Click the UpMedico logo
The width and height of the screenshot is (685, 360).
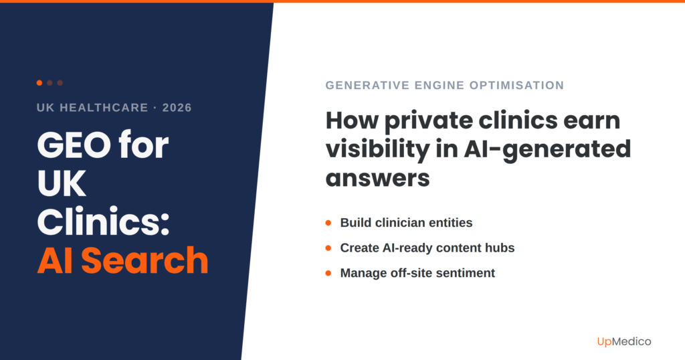coord(623,341)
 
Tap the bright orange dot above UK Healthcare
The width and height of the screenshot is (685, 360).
coord(39,83)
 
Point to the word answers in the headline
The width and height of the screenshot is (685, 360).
coord(377,179)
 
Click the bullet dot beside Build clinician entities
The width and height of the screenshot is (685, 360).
coord(328,223)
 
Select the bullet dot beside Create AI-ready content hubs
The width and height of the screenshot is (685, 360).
coord(328,248)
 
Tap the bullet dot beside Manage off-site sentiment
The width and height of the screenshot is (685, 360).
coord(328,273)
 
